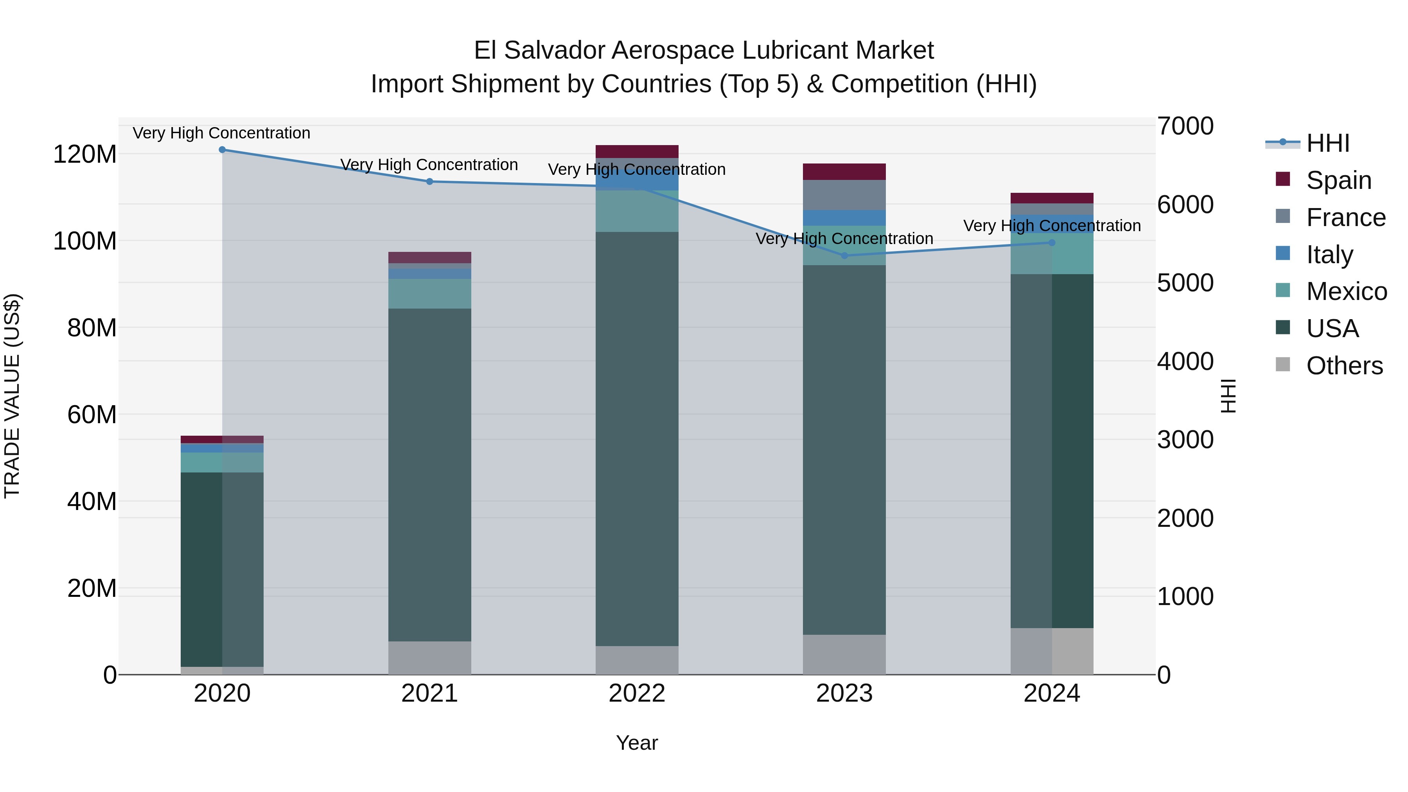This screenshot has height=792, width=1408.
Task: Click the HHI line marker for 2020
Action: coord(222,150)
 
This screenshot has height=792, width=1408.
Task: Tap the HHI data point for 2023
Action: coord(844,255)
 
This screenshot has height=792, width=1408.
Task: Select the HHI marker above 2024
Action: coord(1052,242)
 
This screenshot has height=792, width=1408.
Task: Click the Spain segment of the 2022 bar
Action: coord(637,151)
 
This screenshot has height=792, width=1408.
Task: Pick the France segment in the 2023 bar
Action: coord(844,195)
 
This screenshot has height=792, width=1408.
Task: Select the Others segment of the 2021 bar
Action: coord(429,657)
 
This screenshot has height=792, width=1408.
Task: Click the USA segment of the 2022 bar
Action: coord(637,437)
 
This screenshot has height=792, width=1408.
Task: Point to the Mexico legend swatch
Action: coord(1282,290)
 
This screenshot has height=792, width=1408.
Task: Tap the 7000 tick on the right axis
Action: coord(1185,126)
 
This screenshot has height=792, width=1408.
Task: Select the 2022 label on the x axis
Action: coord(637,693)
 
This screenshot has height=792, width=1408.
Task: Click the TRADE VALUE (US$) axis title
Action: coord(12,396)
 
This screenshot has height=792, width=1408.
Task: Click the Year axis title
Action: coord(637,743)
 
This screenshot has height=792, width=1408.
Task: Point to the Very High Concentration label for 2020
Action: coord(221,133)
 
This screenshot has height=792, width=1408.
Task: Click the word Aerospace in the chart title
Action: coord(673,50)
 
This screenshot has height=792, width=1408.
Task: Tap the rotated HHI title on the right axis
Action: coord(1228,396)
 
